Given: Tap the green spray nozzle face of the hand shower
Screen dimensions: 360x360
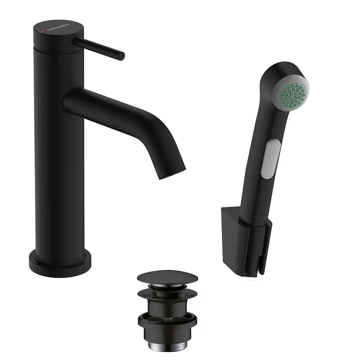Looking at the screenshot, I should pos(291,91).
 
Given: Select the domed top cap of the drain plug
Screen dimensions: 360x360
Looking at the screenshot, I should pos(167,277).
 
